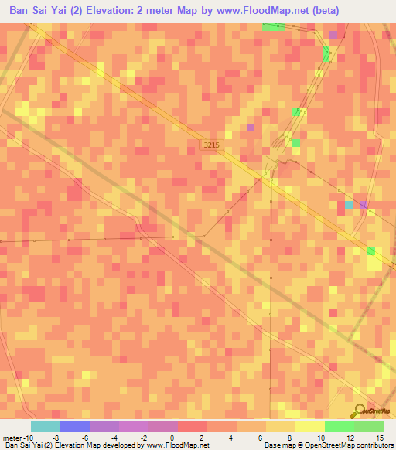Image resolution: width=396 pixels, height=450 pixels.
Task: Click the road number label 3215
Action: (210, 145)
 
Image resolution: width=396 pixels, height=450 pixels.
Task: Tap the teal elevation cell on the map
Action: (348, 205)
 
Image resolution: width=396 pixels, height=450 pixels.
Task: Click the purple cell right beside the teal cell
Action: (364, 205)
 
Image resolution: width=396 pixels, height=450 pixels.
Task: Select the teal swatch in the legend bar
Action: (46, 426)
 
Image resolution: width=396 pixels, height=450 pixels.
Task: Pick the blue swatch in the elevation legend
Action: (75, 426)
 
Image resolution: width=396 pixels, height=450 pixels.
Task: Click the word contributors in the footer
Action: (371, 445)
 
